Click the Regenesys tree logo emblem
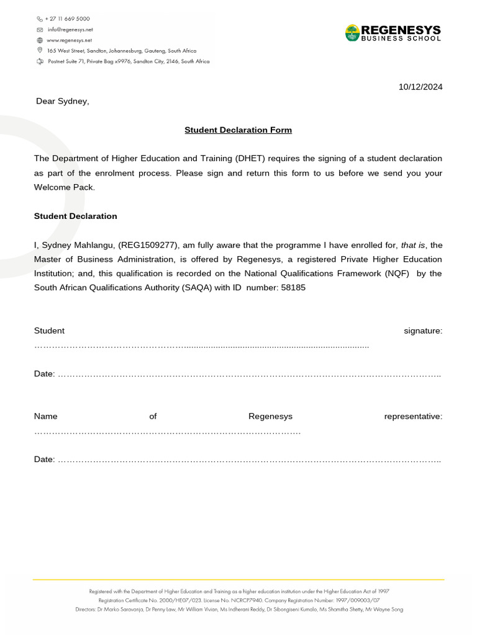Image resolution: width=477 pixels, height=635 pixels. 352,33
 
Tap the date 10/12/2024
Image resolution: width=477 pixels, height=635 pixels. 420,87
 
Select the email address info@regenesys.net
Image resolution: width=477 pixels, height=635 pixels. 70,29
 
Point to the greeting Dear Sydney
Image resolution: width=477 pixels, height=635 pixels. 62,101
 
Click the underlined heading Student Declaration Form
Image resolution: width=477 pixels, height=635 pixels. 238,130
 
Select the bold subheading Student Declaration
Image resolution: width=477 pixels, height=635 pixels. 75,216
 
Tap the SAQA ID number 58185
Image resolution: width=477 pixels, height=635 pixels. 293,288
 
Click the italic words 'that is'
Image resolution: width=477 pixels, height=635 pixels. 413,246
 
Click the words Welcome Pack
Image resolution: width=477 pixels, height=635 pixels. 64,187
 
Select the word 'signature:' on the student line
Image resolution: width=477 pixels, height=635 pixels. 423,331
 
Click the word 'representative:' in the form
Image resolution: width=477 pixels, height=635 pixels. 413,417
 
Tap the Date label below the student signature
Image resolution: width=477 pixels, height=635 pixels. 44,374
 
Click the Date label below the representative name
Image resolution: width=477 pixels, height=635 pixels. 44,460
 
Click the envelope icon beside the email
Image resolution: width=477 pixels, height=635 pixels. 40,29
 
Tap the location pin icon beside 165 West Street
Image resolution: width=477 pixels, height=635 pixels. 40,50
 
